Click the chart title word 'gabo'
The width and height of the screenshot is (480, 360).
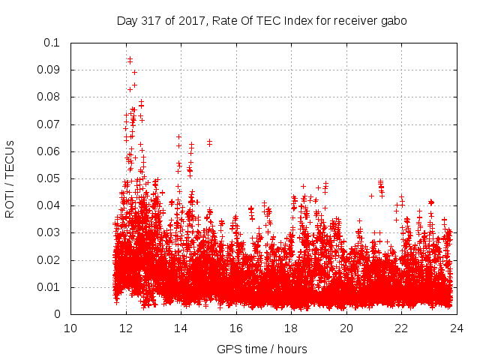tap(392, 21)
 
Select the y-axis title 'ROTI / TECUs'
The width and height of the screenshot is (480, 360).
tap(10, 178)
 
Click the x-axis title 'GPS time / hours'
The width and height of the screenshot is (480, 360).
tap(262, 349)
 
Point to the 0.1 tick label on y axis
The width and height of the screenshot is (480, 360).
tap(52, 43)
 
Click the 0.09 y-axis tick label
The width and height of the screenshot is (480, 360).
tap(49, 70)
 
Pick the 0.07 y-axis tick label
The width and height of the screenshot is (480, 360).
tap(49, 124)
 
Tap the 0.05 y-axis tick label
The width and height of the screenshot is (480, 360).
tap(49, 178)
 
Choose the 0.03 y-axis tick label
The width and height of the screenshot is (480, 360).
tap(49, 233)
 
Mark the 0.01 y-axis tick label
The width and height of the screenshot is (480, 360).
tap(49, 287)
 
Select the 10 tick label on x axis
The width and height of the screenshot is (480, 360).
tap(70, 328)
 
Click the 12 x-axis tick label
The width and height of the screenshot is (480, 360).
tap(126, 328)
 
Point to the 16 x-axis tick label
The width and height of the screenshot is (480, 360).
tap(236, 328)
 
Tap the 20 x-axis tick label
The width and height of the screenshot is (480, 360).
tap(346, 328)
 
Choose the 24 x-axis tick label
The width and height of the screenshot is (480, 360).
tap(457, 328)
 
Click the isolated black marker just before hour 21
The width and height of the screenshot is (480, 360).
tap(371, 196)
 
